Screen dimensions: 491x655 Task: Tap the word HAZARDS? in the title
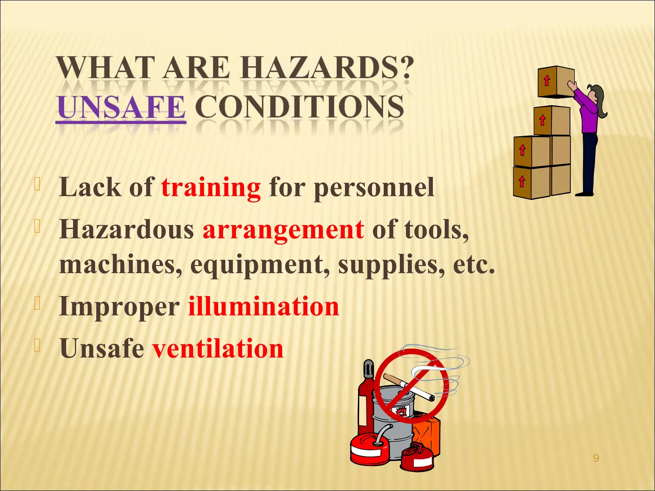[x=326, y=67]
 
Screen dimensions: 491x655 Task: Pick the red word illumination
[x=263, y=306]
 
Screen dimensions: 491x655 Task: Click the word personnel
[x=374, y=188]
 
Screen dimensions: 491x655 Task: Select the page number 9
[x=596, y=458]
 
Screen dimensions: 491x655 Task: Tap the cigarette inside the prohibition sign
[x=409, y=387]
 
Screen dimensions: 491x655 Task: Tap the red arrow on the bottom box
[x=522, y=181]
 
